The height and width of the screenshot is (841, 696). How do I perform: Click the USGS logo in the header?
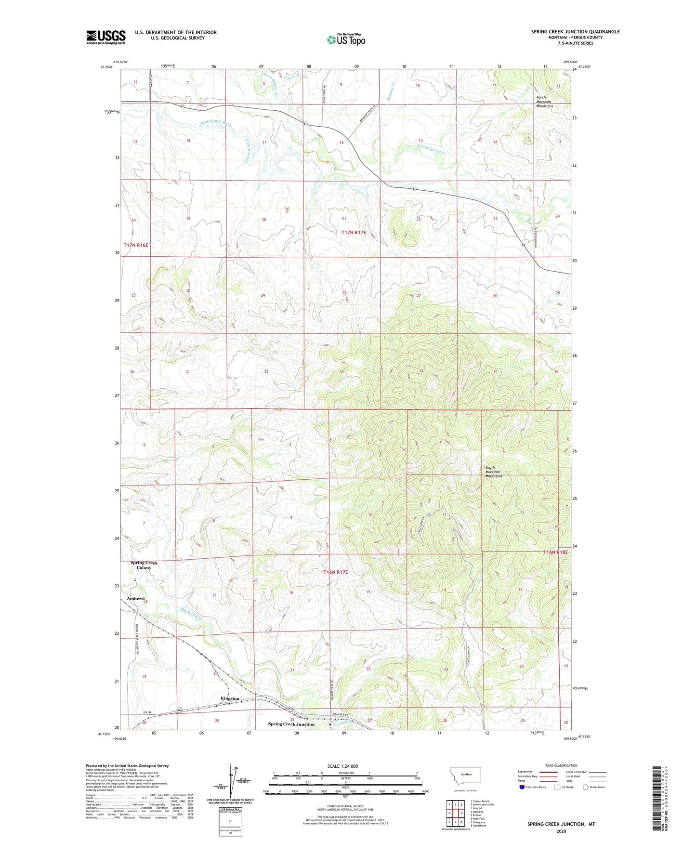pyautogui.click(x=106, y=37)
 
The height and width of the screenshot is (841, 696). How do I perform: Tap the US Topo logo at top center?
pyautogui.click(x=345, y=39)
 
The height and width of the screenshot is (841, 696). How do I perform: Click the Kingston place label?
pyautogui.click(x=230, y=698)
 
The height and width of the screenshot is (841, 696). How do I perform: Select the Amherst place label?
pyautogui.click(x=136, y=598)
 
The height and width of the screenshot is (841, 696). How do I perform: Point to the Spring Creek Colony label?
pyautogui.click(x=144, y=565)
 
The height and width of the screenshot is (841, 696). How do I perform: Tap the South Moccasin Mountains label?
pyautogui.click(x=494, y=472)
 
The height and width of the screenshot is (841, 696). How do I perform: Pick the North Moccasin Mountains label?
pyautogui.click(x=545, y=102)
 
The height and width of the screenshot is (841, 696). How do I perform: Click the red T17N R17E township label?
pyautogui.click(x=354, y=233)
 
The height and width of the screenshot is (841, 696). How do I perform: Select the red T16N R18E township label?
pyautogui.click(x=555, y=552)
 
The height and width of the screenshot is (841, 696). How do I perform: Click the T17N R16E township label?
pyautogui.click(x=136, y=245)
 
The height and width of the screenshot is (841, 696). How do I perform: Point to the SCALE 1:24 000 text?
pyautogui.click(x=342, y=766)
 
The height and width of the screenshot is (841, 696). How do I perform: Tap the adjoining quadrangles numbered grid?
pyautogui.click(x=455, y=814)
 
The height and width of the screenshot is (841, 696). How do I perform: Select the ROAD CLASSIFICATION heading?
pyautogui.click(x=561, y=765)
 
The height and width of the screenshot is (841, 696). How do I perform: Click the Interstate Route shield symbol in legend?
pyautogui.click(x=523, y=787)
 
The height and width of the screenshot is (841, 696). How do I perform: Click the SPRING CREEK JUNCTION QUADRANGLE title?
pyautogui.click(x=575, y=32)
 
